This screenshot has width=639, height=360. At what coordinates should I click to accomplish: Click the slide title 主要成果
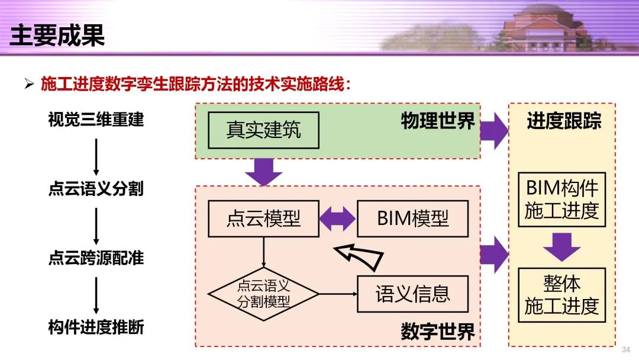point(57,36)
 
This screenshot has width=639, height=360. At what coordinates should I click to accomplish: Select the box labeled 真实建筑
point(263,130)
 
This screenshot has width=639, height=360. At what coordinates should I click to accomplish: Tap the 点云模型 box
point(263,218)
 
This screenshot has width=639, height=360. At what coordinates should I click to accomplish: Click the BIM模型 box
point(412,218)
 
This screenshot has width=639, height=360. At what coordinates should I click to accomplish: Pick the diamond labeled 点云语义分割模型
point(263,294)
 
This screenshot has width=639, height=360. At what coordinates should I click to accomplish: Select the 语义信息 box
point(412,294)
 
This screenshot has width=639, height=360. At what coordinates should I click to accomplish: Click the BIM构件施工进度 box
point(561,199)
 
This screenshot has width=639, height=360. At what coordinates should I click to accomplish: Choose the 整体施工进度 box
point(561,295)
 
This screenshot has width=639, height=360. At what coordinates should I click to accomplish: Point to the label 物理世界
point(438,121)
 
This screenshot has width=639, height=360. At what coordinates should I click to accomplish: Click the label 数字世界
point(438,332)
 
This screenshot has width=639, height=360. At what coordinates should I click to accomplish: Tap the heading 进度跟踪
point(564,121)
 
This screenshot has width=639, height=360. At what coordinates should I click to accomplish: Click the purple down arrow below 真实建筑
point(263,172)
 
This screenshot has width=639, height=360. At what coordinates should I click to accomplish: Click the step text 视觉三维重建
point(96,120)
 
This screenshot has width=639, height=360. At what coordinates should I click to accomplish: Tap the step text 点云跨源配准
point(96,258)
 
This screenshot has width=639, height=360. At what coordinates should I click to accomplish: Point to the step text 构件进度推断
point(96,327)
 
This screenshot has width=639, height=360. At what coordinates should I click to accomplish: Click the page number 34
point(625,350)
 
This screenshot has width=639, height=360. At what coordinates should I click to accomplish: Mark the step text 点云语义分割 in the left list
point(96,189)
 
